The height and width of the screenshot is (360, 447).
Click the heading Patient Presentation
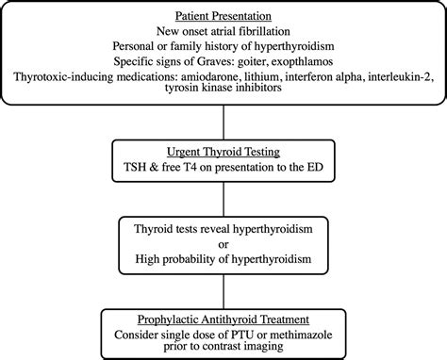click(223, 16)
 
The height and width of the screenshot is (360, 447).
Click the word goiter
click(222, 61)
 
